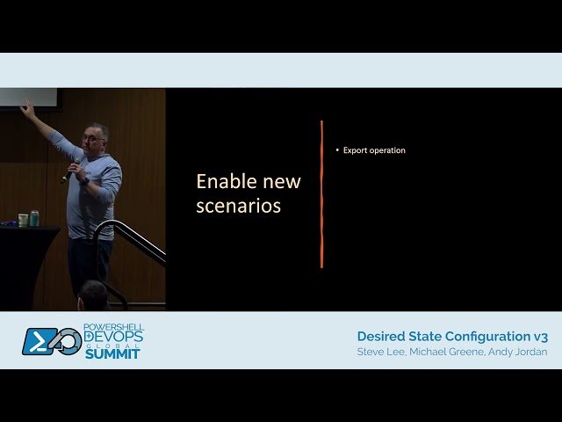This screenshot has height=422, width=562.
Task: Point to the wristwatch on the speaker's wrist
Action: click(x=84, y=179)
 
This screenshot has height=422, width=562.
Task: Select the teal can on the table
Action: click(x=34, y=219)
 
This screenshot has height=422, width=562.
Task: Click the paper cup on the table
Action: click(x=23, y=220)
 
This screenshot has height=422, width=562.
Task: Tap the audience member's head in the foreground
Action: click(x=92, y=295)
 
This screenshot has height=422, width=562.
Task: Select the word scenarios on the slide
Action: click(x=238, y=207)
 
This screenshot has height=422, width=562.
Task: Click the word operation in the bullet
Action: click(x=387, y=150)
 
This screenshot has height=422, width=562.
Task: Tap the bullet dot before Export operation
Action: click(x=336, y=150)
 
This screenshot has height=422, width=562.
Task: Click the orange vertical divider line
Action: click(x=321, y=193)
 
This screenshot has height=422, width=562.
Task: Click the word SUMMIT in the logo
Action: click(x=112, y=353)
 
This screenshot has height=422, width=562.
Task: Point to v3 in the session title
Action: click(x=540, y=337)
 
